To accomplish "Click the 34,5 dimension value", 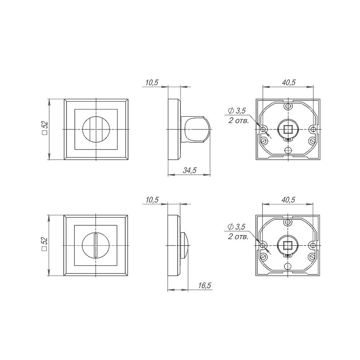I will (x=189, y=171).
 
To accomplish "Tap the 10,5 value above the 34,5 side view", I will (x=152, y=82).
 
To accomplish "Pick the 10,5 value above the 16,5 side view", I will (x=152, y=200).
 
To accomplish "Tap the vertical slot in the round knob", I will (x=95, y=246).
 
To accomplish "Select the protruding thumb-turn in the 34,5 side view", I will (x=196, y=129).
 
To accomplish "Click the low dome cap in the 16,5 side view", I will (x=185, y=246).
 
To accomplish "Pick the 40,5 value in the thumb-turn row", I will (x=289, y=82).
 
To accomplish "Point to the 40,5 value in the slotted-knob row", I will (x=289, y=200).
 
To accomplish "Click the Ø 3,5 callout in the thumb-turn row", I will (x=237, y=110).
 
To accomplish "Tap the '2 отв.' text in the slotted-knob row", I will (x=238, y=237).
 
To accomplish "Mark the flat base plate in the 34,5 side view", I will (x=174, y=129).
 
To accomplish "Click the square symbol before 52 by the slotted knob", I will (x=45, y=249).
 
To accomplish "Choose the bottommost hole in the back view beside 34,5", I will (x=288, y=150).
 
